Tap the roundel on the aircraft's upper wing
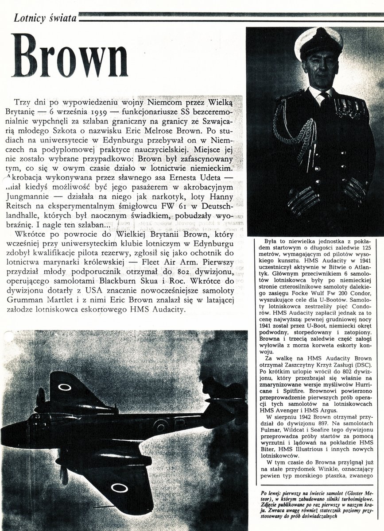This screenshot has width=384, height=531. click(65, 387)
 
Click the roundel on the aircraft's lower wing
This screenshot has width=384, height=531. click(119, 488)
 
